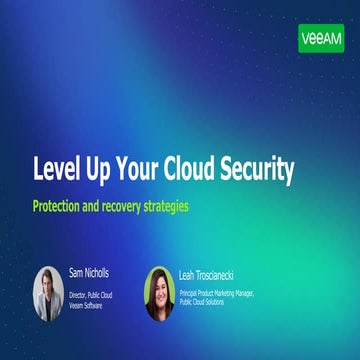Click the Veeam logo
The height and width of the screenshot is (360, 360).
321,38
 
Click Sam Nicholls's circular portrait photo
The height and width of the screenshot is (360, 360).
48,293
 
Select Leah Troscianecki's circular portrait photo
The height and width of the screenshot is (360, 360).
160,293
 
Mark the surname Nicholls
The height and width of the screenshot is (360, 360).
101,272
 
